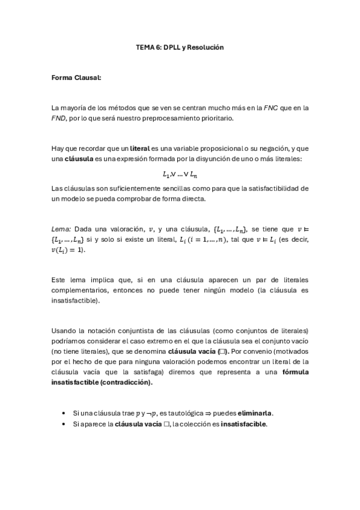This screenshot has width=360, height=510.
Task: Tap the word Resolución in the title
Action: point(207,47)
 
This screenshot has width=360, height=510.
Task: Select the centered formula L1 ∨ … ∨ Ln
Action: point(180,174)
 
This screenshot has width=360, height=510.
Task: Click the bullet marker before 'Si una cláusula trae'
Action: point(64,413)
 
